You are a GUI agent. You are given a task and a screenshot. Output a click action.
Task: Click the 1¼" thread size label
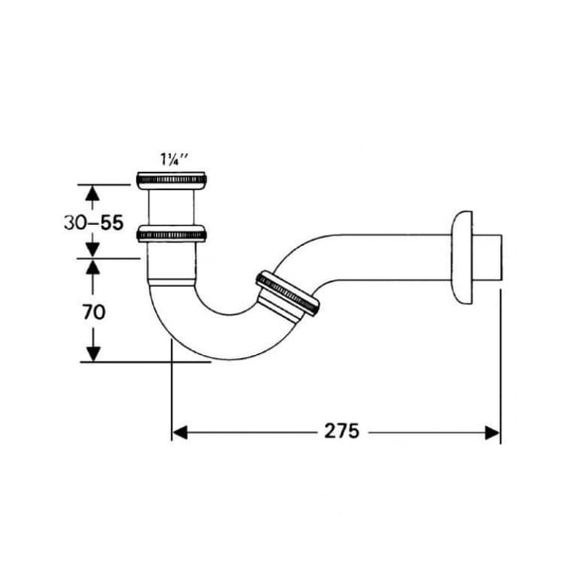pos(174,159)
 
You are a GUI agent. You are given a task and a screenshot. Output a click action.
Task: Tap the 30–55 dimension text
pos(94,223)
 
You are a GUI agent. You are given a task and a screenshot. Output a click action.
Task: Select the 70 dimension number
pos(94,312)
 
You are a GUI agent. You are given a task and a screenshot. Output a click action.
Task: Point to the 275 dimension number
pos(341,431)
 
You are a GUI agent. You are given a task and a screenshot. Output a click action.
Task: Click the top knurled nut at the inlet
pos(171,180)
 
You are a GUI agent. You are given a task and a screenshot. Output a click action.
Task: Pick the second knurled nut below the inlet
pos(171,234)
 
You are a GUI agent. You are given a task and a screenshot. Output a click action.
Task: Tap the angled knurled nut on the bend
pos(287,293)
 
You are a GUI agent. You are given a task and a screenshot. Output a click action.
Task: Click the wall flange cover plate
pos(463,258)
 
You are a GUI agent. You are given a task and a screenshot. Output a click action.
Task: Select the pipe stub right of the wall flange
pos(487,258)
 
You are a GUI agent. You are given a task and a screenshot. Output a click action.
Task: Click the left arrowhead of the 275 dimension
pos(180,433)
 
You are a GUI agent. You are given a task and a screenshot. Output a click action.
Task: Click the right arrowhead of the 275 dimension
pos(492,433)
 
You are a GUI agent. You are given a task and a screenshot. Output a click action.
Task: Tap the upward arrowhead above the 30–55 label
pos(93,194)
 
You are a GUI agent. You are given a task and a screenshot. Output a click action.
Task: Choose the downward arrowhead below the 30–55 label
pos(93,249)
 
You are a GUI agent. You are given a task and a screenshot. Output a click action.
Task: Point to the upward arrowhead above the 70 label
pos(93,268)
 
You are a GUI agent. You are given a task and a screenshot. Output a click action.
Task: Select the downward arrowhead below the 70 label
pos(94,354)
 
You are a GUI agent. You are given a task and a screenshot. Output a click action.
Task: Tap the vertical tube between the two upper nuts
pos(171,208)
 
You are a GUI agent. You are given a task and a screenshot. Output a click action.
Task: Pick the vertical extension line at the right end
pos(500,366)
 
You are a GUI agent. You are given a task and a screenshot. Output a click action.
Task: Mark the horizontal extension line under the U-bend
pos(145,362)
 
